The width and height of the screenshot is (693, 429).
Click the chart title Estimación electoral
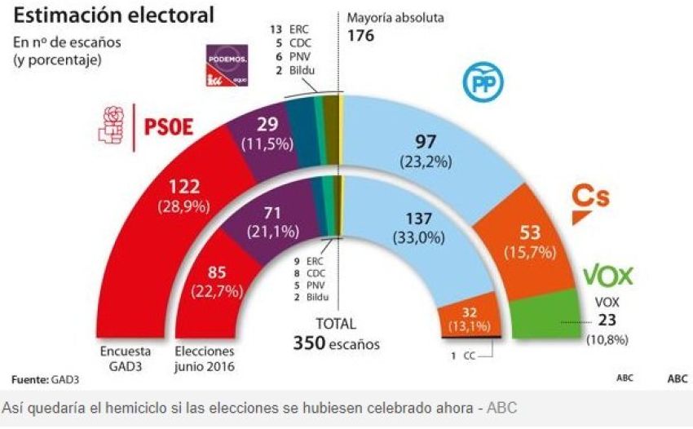(x=113, y=15)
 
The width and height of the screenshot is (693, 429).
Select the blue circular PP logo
(x=483, y=82)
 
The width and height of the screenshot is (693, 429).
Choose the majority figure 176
(x=361, y=35)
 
